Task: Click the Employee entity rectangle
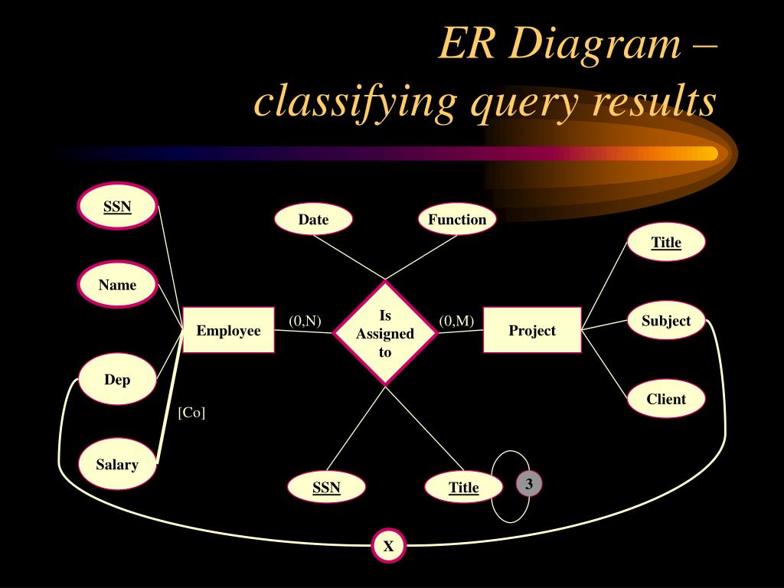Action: coord(228,330)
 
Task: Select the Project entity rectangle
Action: coord(532,330)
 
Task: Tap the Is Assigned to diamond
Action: coord(385,333)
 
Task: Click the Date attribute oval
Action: coord(313,220)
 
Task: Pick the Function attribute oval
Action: coord(457,220)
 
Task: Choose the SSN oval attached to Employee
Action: coord(118,206)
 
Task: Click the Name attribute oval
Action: coord(117,285)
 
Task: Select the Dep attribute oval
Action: coord(117,379)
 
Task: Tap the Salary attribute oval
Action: coord(117,464)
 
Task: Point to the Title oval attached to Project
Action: coord(666,242)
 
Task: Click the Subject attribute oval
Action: coord(666,321)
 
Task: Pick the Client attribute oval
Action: coord(666,399)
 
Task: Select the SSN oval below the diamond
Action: coord(326,487)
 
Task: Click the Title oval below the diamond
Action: coord(464,487)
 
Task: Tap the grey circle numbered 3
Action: coord(528,484)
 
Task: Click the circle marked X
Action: coord(388,546)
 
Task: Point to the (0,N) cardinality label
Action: coord(305,321)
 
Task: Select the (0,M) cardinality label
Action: coord(456,321)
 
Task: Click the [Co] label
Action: coord(191,413)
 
